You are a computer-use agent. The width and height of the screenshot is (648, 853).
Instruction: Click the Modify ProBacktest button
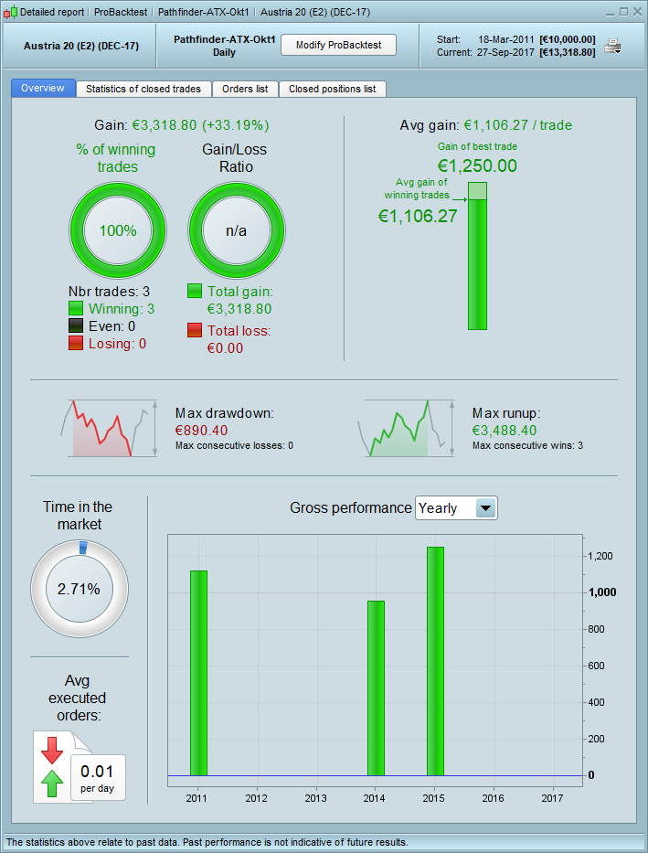click(x=337, y=45)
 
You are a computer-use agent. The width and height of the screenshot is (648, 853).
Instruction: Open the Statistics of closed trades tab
click(x=144, y=89)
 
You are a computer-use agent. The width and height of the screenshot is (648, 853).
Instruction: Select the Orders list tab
click(x=245, y=89)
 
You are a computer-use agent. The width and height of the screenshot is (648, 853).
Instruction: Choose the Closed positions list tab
click(x=332, y=89)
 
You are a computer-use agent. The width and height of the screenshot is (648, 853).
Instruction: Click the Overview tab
click(x=43, y=89)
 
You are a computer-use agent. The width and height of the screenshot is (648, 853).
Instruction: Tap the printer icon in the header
click(x=612, y=47)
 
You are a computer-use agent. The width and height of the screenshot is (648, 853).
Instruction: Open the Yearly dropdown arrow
click(x=486, y=508)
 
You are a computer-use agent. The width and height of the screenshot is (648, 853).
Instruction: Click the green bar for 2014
click(x=376, y=688)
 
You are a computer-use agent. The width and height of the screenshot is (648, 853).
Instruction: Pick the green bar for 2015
click(x=435, y=660)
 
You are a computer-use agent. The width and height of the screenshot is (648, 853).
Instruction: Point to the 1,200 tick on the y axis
click(x=600, y=556)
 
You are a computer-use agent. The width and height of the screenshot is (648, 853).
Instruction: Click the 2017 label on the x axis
click(x=553, y=798)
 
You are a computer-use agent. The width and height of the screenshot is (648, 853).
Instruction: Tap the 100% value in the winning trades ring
click(x=118, y=230)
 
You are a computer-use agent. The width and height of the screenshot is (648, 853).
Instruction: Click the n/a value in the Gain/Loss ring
click(x=237, y=230)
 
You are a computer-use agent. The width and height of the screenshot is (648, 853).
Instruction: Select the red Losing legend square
click(x=77, y=343)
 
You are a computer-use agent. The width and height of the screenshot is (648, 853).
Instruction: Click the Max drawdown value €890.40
click(x=201, y=430)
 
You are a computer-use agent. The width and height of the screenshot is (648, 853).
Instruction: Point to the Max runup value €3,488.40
click(x=505, y=430)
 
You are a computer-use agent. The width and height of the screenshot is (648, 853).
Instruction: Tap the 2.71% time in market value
click(x=79, y=589)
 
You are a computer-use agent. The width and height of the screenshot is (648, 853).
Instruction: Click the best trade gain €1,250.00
click(x=477, y=165)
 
